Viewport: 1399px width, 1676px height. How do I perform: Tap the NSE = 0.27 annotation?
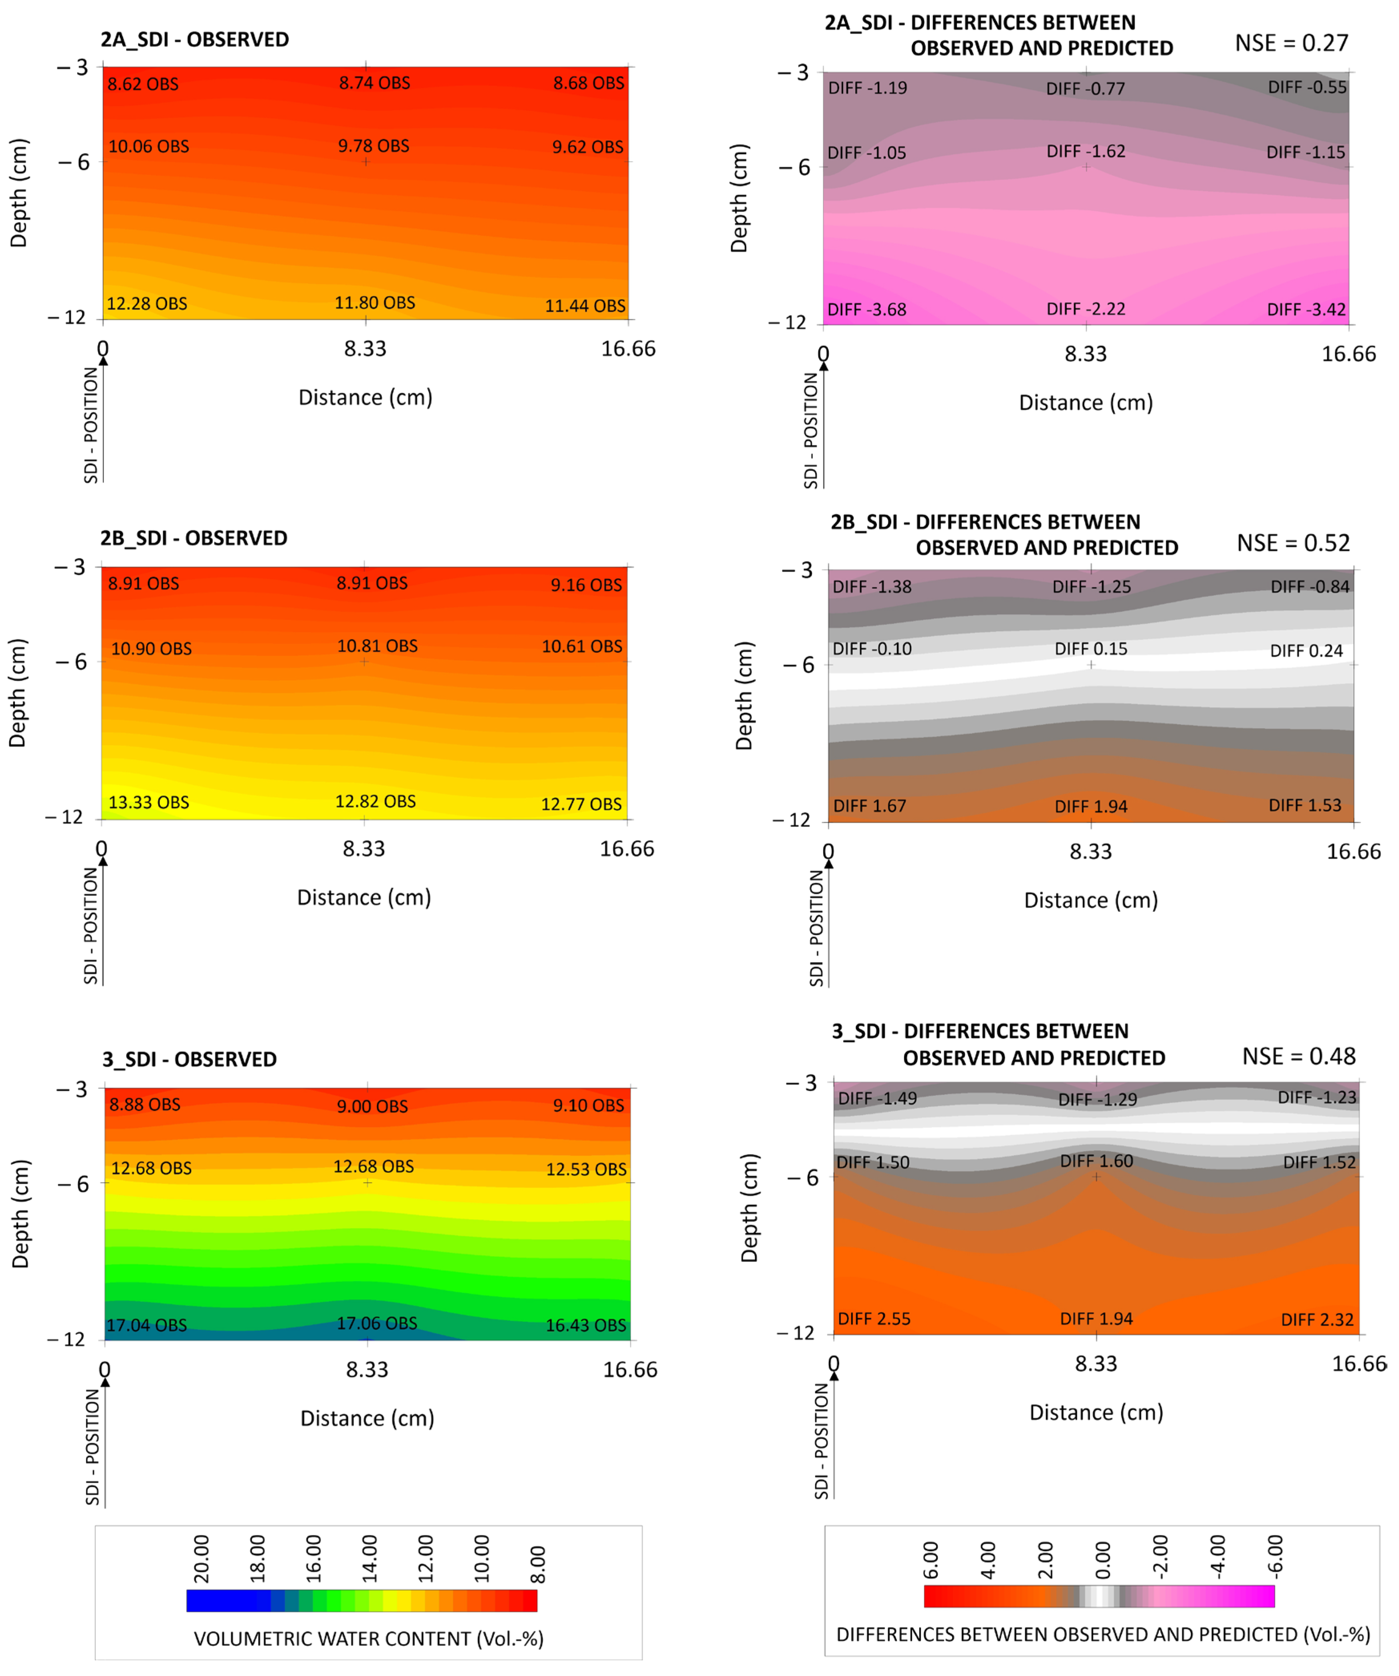(1291, 43)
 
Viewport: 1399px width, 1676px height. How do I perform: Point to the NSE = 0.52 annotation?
(1293, 544)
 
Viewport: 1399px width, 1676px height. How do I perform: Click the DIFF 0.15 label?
(1091, 649)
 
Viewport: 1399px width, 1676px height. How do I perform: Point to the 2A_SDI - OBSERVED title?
(195, 40)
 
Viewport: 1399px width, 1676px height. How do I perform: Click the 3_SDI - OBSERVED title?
(189, 1059)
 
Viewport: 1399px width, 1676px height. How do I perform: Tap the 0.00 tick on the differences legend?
(1103, 1560)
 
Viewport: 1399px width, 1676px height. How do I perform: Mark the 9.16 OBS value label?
(586, 585)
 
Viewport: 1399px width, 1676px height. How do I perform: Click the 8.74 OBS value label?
(374, 83)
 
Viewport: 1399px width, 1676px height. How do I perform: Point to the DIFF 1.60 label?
(1096, 1161)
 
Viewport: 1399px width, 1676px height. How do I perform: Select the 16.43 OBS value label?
(586, 1326)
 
